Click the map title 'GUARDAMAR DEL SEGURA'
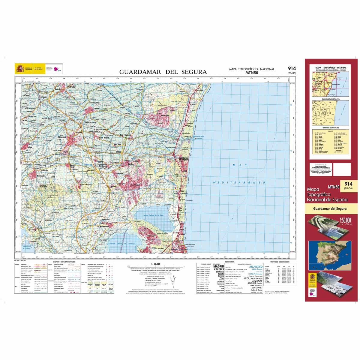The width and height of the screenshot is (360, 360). point(163,72)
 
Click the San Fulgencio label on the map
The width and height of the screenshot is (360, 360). point(126,135)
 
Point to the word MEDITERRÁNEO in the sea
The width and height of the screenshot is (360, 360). point(239,182)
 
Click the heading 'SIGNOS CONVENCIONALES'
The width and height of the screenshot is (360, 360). point(64,262)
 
